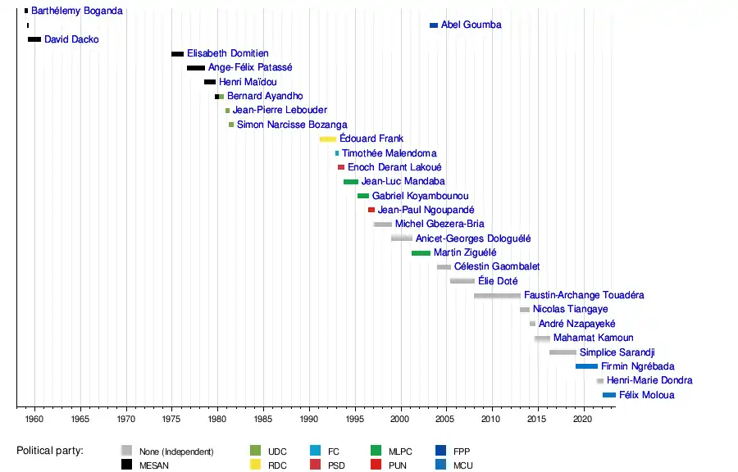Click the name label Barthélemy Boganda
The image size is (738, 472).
click(x=77, y=11)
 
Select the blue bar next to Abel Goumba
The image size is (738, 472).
click(x=434, y=25)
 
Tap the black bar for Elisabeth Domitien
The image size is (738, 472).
click(x=177, y=54)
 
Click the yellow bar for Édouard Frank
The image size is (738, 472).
click(x=328, y=139)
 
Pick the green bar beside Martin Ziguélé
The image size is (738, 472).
click(x=421, y=253)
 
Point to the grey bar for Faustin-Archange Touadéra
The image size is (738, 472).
click(x=497, y=296)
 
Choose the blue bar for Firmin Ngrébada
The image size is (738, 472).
click(x=586, y=366)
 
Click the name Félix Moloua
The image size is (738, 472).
click(x=648, y=395)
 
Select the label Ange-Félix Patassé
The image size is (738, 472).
click(x=250, y=68)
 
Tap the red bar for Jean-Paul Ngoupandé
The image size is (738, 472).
click(x=371, y=211)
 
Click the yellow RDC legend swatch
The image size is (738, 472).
click(x=255, y=465)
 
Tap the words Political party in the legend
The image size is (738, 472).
click(x=54, y=451)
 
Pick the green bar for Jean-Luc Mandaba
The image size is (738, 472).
click(x=351, y=182)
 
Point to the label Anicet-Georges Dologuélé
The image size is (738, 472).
click(x=473, y=238)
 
